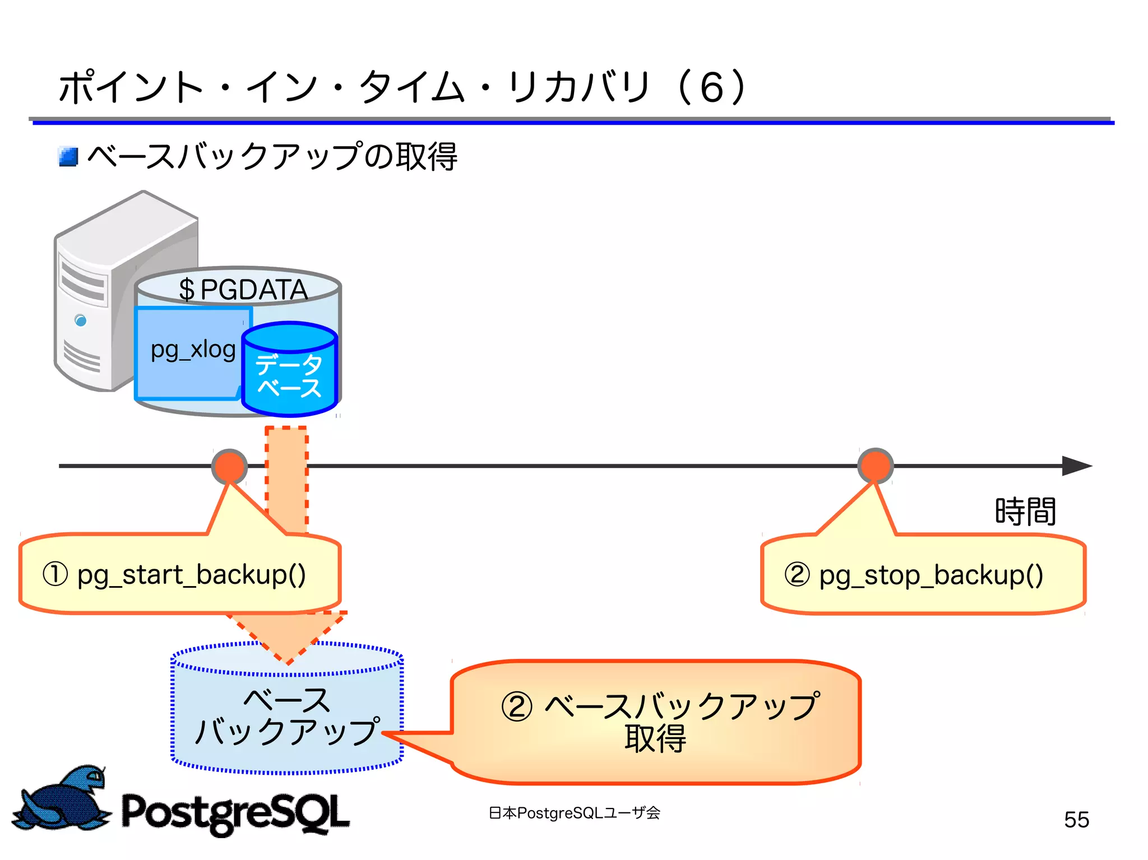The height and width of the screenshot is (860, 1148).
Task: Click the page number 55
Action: point(1076,820)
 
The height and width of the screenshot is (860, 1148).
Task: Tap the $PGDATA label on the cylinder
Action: point(243,290)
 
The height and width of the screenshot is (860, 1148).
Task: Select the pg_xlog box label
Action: point(193,350)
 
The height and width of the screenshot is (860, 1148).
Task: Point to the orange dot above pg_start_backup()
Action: point(229,466)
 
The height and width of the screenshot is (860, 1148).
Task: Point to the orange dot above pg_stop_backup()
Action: point(875,466)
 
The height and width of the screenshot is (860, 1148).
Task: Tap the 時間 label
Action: point(1025,512)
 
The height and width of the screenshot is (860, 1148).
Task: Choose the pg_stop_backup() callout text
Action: point(931,575)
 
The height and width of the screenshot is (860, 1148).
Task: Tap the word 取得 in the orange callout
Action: point(655,739)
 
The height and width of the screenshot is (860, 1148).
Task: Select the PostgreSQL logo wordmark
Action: point(235,813)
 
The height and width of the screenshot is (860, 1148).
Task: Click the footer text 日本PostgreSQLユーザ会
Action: point(574,813)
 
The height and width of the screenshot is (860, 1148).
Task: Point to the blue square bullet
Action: point(68,157)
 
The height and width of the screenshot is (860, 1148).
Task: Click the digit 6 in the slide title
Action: point(712,88)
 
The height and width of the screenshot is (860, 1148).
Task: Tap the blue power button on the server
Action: point(81,320)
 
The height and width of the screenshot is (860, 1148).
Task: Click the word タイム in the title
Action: point(411,88)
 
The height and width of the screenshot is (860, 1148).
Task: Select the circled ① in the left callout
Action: point(55,575)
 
